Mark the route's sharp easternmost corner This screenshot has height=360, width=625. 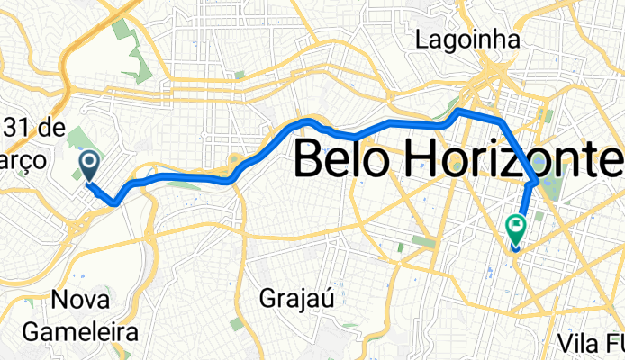(x=537, y=183)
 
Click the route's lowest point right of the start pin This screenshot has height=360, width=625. (x=115, y=203)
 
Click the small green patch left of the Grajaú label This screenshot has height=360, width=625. (x=236, y=323)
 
